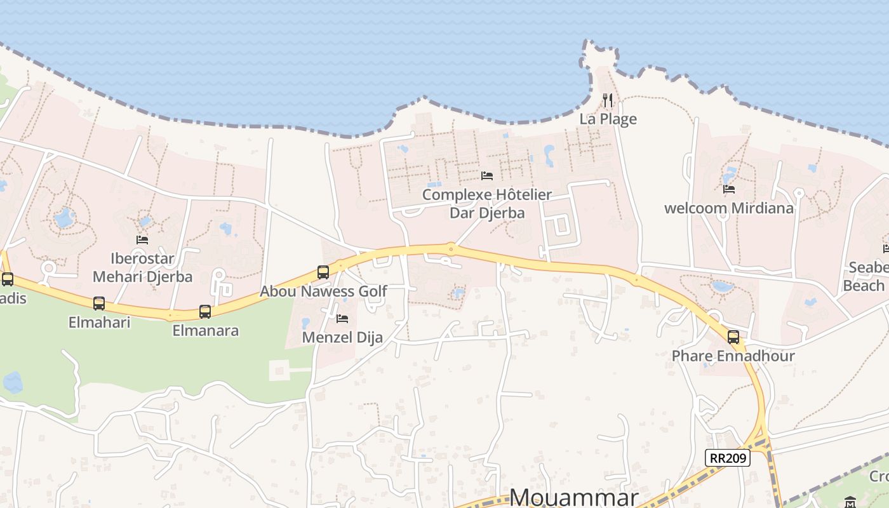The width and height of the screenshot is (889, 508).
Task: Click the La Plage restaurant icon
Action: coord(608,100)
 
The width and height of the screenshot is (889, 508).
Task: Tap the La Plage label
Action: coord(608,119)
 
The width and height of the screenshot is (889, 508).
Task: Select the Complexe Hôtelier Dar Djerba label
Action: coord(487,203)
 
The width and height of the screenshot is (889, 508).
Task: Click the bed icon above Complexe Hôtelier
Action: coord(487,176)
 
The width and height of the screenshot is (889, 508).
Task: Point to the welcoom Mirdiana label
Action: coord(729,208)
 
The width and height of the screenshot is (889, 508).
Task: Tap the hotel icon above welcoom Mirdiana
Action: coord(729,189)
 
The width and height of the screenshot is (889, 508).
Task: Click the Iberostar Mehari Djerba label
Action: coord(142,267)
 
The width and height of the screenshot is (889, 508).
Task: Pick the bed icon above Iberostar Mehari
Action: coord(142,240)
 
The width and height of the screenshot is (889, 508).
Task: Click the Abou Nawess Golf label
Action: coord(323,291)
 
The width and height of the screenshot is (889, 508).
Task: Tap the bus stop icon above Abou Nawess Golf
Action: coord(323,272)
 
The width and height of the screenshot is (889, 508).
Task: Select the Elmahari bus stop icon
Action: coord(99,304)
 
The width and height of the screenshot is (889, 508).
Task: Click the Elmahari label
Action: coord(99,322)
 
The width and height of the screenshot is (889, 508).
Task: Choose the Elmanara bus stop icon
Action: coord(205,312)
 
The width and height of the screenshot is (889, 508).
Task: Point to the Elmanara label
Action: coord(205,330)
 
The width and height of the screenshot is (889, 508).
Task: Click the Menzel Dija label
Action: coord(342,337)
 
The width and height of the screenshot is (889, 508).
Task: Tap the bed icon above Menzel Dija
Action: coord(342,318)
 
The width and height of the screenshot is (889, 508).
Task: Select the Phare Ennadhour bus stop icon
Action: coord(733,337)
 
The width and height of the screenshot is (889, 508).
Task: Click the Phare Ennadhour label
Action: coord(733,356)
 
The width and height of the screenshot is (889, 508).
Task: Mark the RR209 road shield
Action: coord(728,458)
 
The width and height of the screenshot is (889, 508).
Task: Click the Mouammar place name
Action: coord(574,497)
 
